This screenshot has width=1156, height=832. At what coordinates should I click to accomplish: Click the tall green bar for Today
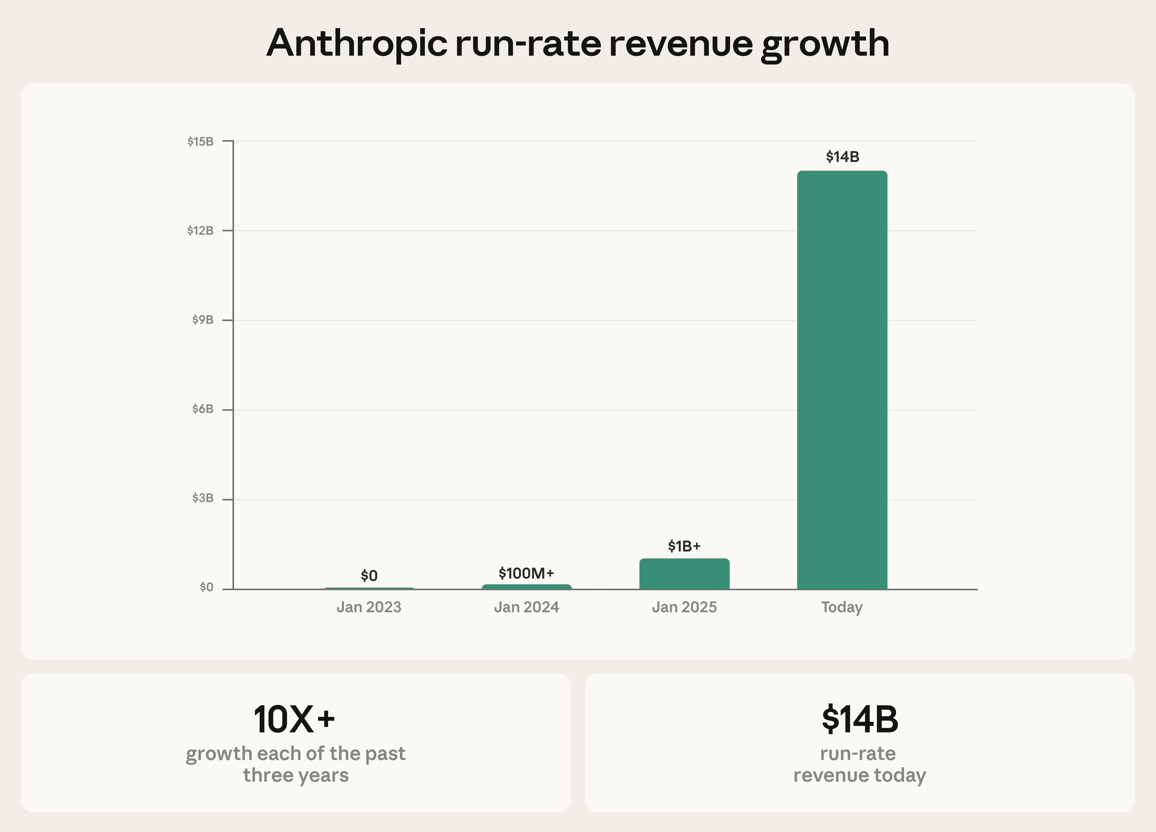pos(842,380)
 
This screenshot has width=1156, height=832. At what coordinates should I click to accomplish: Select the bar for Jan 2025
pos(684,574)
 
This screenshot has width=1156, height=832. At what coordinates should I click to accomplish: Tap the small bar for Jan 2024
pos(526,587)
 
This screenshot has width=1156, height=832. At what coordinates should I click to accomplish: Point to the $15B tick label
pos(200,141)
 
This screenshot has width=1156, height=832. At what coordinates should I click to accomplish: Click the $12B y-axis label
pos(200,230)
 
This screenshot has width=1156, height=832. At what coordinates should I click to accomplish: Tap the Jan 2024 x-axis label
pos(526,607)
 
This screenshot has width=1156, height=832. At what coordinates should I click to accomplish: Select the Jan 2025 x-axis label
pos(684,607)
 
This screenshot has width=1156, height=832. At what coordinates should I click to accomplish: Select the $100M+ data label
pos(526,574)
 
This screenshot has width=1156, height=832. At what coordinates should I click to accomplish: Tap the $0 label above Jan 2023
pos(369,576)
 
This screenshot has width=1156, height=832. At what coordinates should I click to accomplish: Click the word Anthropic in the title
pos(357,43)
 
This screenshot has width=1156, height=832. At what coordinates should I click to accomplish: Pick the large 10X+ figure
pos(294,719)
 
